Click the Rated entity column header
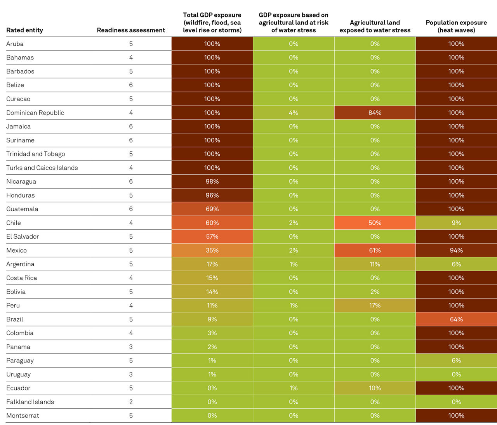click(x=24, y=30)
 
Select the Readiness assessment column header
click(x=131, y=30)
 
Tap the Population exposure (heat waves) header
click(x=456, y=26)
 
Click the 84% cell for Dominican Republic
click(x=375, y=113)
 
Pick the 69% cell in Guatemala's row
click(x=212, y=209)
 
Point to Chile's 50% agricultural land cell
click(x=375, y=223)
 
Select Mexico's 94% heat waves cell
click(x=456, y=250)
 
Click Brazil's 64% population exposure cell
click(x=456, y=319)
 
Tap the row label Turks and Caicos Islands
click(x=42, y=168)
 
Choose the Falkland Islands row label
click(x=30, y=402)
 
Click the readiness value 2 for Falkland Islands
click(x=131, y=402)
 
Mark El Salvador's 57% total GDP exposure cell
click(x=212, y=236)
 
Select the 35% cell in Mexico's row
click(x=212, y=250)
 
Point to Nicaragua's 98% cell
click(x=212, y=181)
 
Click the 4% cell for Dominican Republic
click(x=293, y=113)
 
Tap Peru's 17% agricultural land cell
click(x=375, y=305)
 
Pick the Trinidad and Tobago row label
click(x=36, y=154)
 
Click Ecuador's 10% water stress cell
click(x=375, y=388)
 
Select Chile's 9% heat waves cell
click(x=456, y=223)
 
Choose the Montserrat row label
click(x=23, y=415)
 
